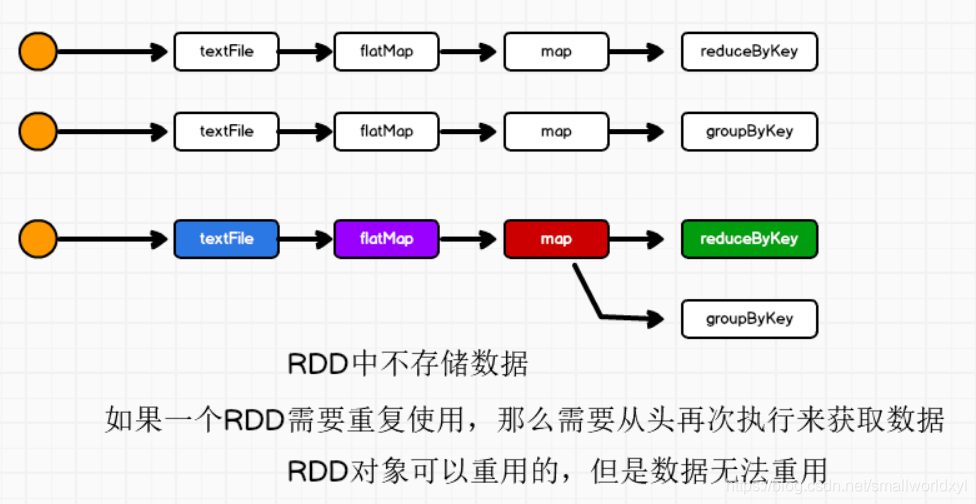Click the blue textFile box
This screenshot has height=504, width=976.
click(x=227, y=239)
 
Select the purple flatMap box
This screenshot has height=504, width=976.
click(x=386, y=239)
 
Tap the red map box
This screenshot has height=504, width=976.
click(x=556, y=239)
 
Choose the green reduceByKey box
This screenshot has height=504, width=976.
click(x=749, y=239)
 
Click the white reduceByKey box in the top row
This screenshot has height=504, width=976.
click(x=749, y=52)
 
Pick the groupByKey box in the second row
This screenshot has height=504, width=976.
click(x=749, y=131)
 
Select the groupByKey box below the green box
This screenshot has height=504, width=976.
click(x=749, y=319)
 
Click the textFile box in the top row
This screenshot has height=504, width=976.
click(x=227, y=52)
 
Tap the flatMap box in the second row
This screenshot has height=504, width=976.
click(x=386, y=131)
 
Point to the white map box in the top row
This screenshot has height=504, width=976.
click(x=556, y=52)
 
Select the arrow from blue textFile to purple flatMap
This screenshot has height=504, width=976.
click(x=306, y=239)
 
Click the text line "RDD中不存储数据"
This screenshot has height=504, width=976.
click(x=407, y=364)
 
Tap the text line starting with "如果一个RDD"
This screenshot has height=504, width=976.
click(x=524, y=419)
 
